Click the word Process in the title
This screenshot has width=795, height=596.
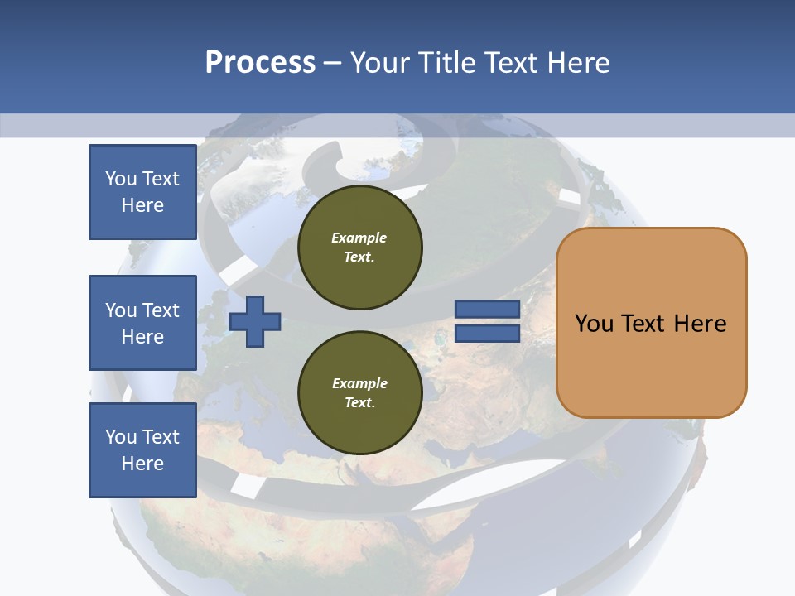tap(260, 63)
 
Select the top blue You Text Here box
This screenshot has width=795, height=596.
tap(142, 192)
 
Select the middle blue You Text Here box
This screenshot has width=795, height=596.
tap(142, 323)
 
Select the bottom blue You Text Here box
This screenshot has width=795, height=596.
tap(142, 449)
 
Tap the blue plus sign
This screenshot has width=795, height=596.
tap(255, 321)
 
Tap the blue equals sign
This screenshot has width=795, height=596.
tap(487, 322)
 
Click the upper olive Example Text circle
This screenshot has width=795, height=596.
tap(359, 247)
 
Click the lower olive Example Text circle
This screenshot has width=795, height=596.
tap(359, 392)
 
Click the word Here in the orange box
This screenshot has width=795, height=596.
tap(700, 323)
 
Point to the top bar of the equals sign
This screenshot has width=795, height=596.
tap(487, 310)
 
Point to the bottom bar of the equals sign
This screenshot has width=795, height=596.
tap(487, 334)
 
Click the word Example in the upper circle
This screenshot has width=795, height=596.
tap(359, 238)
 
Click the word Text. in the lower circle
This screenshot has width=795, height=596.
tap(359, 402)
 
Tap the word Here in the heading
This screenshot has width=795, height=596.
tap(577, 63)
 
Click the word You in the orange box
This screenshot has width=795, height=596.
tap(594, 323)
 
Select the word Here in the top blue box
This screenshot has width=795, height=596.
tap(142, 205)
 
